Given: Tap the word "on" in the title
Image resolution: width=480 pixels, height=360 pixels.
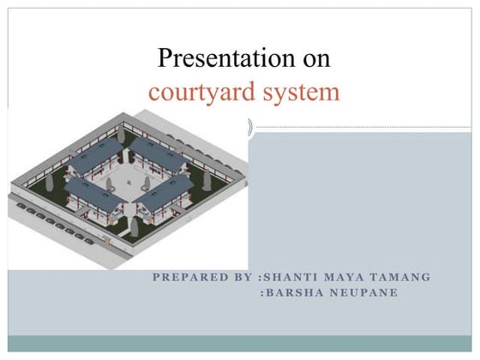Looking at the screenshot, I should coord(311,59).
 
